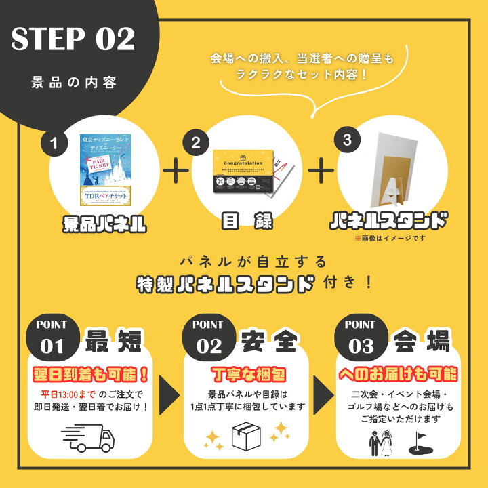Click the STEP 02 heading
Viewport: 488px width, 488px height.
(x=73, y=41)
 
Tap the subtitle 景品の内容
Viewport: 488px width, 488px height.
(x=74, y=83)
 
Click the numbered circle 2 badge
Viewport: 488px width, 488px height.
(x=197, y=143)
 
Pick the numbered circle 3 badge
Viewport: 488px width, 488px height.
(x=348, y=140)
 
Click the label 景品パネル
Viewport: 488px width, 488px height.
(x=104, y=224)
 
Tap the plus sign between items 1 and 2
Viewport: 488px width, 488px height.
(x=175, y=170)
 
